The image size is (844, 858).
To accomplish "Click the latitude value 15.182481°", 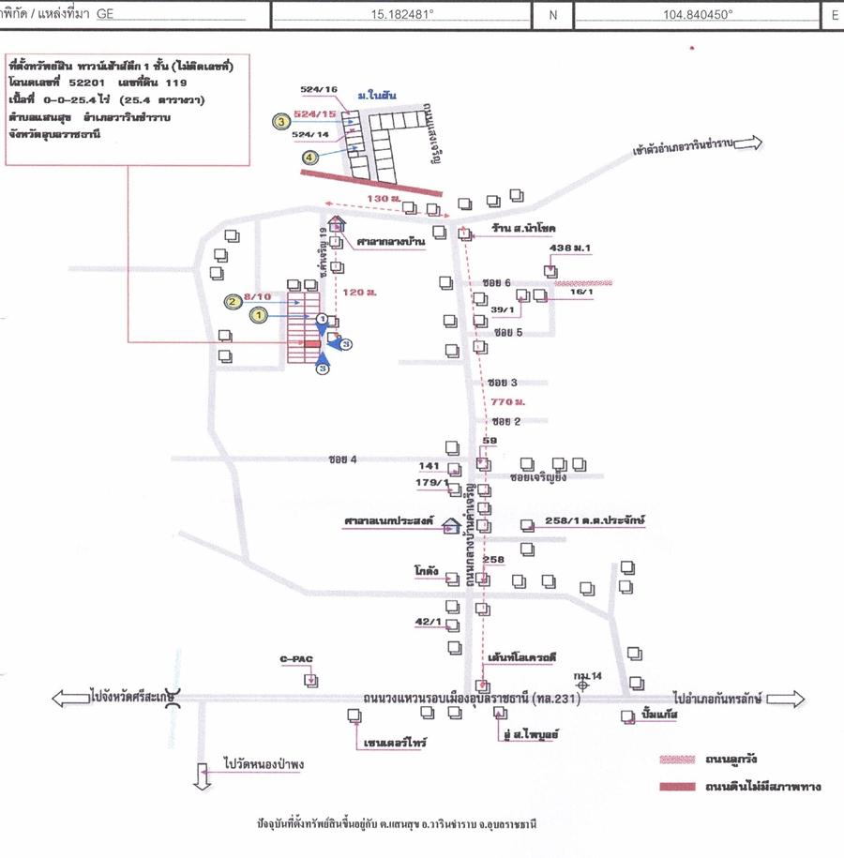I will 412,15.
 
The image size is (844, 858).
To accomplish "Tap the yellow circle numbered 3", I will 280,120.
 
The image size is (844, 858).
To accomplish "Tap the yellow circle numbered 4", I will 309,158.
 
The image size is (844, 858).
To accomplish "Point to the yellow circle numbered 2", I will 232,300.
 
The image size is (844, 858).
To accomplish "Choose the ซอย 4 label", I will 343,459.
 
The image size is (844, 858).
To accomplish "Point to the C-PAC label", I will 295,659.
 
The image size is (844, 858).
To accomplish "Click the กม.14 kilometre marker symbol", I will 583,685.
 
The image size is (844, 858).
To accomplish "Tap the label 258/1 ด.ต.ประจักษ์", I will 596,519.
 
